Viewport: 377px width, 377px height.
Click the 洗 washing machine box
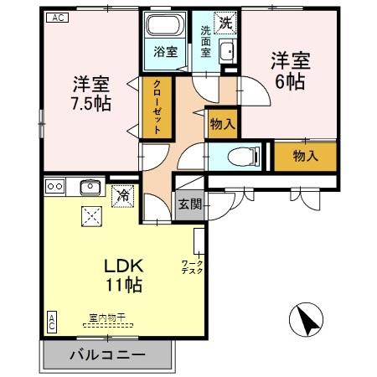click(x=225, y=22)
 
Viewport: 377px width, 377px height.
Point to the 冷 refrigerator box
click(x=122, y=195)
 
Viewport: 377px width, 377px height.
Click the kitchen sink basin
click(x=89, y=186)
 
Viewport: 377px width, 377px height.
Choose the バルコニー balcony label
click(x=106, y=355)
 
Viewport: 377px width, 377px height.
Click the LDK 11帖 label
click(x=122, y=275)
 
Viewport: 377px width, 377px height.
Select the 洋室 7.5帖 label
click(x=90, y=93)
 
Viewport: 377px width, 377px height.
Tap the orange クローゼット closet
click(x=157, y=106)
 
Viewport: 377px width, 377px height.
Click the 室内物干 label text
click(x=107, y=318)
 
